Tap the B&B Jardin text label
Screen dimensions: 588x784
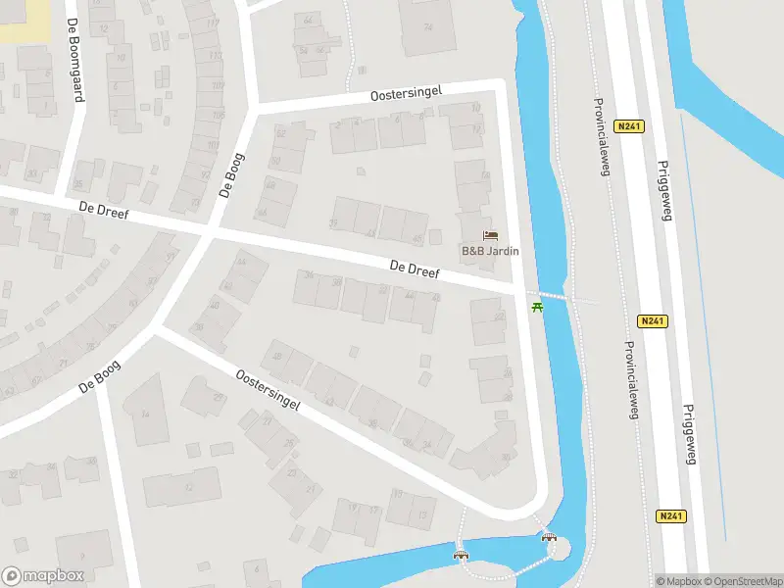pyautogui.click(x=490, y=251)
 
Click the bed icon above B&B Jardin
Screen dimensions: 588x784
pyautogui.click(x=491, y=235)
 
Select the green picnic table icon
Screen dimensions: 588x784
pyautogui.click(x=536, y=309)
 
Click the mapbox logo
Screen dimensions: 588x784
pyautogui.click(x=43, y=576)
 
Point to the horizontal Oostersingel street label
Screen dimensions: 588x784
pyautogui.click(x=407, y=93)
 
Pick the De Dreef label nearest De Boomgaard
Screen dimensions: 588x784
pyautogui.click(x=105, y=210)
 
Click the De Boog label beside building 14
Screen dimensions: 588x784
pyautogui.click(x=100, y=376)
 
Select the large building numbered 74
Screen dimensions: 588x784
pyautogui.click(x=427, y=27)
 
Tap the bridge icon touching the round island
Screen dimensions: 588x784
pyautogui.click(x=549, y=537)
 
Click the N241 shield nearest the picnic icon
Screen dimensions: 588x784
pyautogui.click(x=652, y=320)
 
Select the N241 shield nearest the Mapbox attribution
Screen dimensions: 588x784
pyautogui.click(x=670, y=515)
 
